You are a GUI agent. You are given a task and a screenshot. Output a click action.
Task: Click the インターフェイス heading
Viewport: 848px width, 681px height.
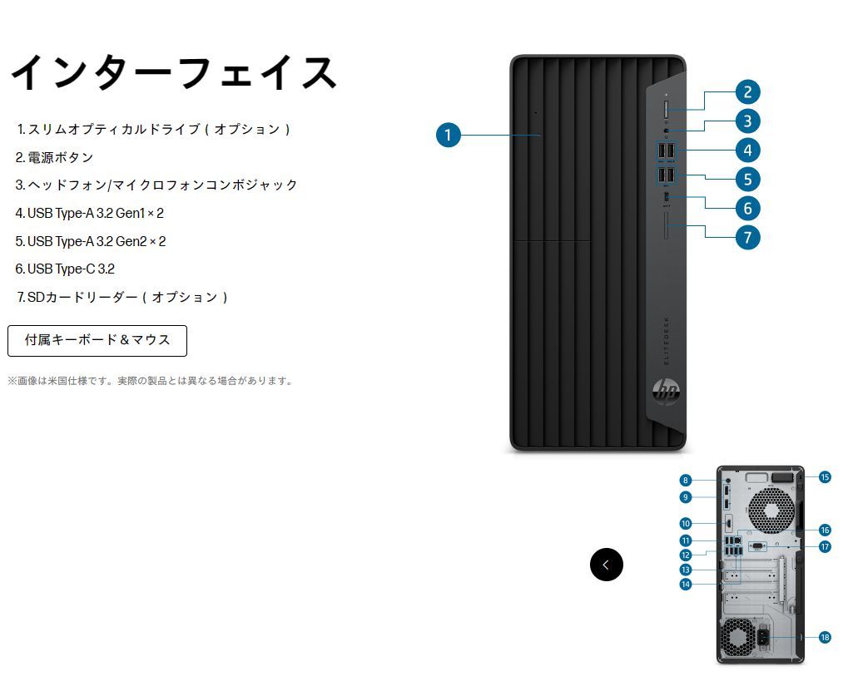pos(173,73)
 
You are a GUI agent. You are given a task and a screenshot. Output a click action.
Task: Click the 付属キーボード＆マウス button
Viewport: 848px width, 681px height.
pos(97,340)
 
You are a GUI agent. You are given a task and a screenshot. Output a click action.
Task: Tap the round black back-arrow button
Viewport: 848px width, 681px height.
pos(606,565)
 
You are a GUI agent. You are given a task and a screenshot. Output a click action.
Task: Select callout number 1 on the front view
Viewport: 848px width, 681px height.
pos(449,135)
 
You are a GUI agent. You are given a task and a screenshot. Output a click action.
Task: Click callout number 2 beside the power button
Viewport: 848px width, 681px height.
pos(747,92)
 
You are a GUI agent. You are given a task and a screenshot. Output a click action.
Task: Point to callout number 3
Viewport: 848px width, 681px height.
pos(747,121)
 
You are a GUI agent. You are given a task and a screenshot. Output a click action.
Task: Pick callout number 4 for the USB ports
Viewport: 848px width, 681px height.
pos(747,151)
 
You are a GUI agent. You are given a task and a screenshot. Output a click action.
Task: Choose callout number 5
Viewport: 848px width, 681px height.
pos(747,179)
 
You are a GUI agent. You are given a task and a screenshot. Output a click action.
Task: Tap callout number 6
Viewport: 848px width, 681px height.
pos(747,208)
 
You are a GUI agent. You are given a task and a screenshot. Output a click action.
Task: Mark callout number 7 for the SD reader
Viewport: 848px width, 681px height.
pos(747,237)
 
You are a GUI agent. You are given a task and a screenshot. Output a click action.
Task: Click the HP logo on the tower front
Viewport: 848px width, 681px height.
pos(666,390)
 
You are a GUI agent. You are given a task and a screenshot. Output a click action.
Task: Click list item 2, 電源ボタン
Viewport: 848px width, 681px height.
pos(54,157)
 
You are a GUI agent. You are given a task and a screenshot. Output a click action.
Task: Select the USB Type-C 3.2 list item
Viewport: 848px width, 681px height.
pos(65,269)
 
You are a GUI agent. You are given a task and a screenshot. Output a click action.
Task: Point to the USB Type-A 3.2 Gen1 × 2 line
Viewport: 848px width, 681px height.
pos(90,213)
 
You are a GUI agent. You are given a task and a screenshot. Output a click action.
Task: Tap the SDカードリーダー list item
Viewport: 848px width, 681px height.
pos(122,297)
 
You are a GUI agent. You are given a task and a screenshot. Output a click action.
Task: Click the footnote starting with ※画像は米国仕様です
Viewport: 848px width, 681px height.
pos(151,381)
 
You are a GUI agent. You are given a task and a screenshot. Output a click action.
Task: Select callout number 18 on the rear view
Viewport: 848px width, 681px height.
pos(825,638)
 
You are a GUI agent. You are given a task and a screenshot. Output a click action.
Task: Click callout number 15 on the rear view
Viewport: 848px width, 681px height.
pos(825,477)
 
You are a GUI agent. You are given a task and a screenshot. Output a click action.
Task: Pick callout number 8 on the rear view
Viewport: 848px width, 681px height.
pos(685,480)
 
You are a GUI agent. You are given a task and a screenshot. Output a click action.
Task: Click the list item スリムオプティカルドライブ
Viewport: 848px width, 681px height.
pos(155,130)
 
